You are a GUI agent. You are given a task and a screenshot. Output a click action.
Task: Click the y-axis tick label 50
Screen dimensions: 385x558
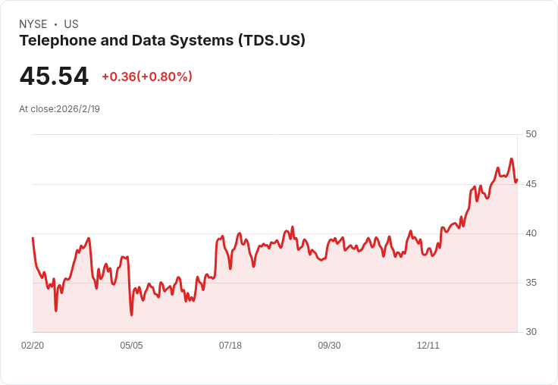click(531, 134)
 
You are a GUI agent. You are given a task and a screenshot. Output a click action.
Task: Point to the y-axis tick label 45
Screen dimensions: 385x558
click(531, 184)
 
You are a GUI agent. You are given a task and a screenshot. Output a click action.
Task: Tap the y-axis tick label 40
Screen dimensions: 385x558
click(531, 233)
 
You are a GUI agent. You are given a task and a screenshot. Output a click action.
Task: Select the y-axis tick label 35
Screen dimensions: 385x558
click(531, 283)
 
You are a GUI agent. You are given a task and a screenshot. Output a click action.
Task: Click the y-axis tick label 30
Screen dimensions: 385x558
click(531, 332)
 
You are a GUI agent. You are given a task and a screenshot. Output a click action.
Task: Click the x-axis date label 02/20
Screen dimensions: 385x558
click(33, 346)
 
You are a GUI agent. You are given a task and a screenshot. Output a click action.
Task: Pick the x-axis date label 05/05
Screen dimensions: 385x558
click(131, 346)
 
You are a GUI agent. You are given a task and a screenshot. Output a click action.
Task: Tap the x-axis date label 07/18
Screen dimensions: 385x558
click(230, 346)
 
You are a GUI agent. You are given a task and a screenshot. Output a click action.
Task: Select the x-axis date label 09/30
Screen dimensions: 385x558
click(329, 346)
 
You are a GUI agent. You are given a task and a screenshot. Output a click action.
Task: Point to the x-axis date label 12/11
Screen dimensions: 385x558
click(428, 346)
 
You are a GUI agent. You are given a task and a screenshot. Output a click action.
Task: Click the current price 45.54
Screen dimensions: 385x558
click(54, 77)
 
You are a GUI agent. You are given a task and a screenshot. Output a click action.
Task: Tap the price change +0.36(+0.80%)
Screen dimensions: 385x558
click(147, 77)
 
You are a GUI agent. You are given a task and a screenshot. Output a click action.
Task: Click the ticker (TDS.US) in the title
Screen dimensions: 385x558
click(271, 41)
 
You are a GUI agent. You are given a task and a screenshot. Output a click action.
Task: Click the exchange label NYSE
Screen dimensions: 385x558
click(33, 24)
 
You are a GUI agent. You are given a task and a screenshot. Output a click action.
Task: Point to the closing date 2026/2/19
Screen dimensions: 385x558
click(78, 109)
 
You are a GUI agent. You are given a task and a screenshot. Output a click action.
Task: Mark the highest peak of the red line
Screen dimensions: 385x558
click(512, 159)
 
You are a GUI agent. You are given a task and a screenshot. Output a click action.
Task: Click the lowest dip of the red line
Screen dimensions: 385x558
click(131, 315)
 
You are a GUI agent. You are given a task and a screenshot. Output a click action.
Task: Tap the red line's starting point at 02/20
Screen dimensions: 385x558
click(33, 238)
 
